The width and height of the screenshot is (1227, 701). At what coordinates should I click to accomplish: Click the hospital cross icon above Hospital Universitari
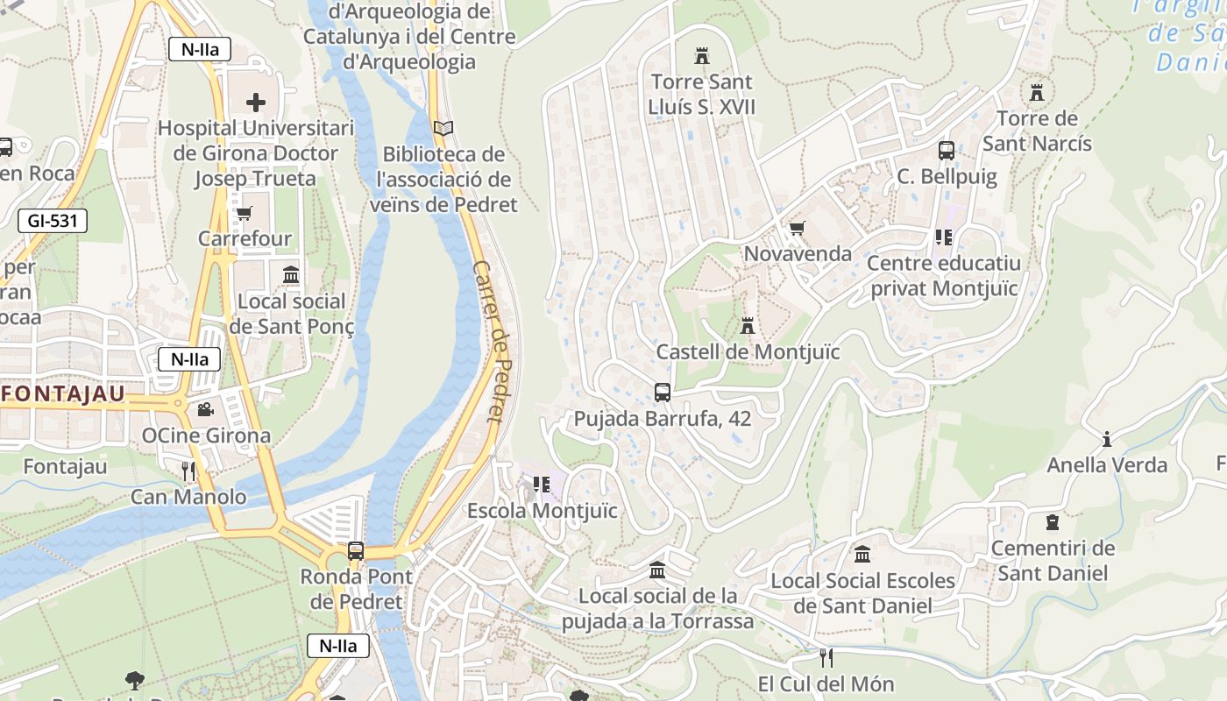tap(255, 103)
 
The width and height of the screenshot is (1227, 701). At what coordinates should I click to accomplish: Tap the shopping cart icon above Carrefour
tap(245, 213)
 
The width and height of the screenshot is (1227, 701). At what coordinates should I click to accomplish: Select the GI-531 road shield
tap(53, 221)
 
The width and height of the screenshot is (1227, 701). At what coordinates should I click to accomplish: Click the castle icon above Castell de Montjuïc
tap(747, 326)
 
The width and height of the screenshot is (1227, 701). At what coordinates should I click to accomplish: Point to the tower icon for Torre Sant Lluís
tap(701, 56)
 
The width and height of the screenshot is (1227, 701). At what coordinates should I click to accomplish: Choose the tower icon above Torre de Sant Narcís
tap(1037, 92)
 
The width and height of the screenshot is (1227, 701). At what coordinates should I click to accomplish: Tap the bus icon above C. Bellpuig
tap(947, 150)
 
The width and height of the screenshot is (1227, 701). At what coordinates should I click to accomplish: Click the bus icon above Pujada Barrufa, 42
tap(663, 393)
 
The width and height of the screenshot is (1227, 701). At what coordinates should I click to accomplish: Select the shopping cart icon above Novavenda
tap(797, 229)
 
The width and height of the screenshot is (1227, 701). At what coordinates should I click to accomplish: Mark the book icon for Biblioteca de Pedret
tap(443, 129)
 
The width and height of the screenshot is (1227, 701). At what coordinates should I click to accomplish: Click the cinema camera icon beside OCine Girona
tap(205, 409)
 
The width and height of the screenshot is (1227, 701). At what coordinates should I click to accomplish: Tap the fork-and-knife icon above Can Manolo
tap(188, 471)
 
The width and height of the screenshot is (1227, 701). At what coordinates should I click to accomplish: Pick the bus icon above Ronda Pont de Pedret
tap(355, 551)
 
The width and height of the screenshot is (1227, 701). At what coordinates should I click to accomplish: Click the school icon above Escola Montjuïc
tap(542, 485)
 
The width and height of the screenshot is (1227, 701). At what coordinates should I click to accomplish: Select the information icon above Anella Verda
tap(1107, 439)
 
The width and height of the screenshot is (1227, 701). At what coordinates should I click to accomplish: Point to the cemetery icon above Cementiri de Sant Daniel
tap(1053, 523)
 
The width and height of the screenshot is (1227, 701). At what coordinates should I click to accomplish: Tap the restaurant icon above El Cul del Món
tap(826, 657)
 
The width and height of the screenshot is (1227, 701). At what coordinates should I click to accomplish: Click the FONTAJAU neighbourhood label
tap(63, 394)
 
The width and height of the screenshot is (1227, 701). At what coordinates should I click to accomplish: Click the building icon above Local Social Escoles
tap(862, 555)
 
